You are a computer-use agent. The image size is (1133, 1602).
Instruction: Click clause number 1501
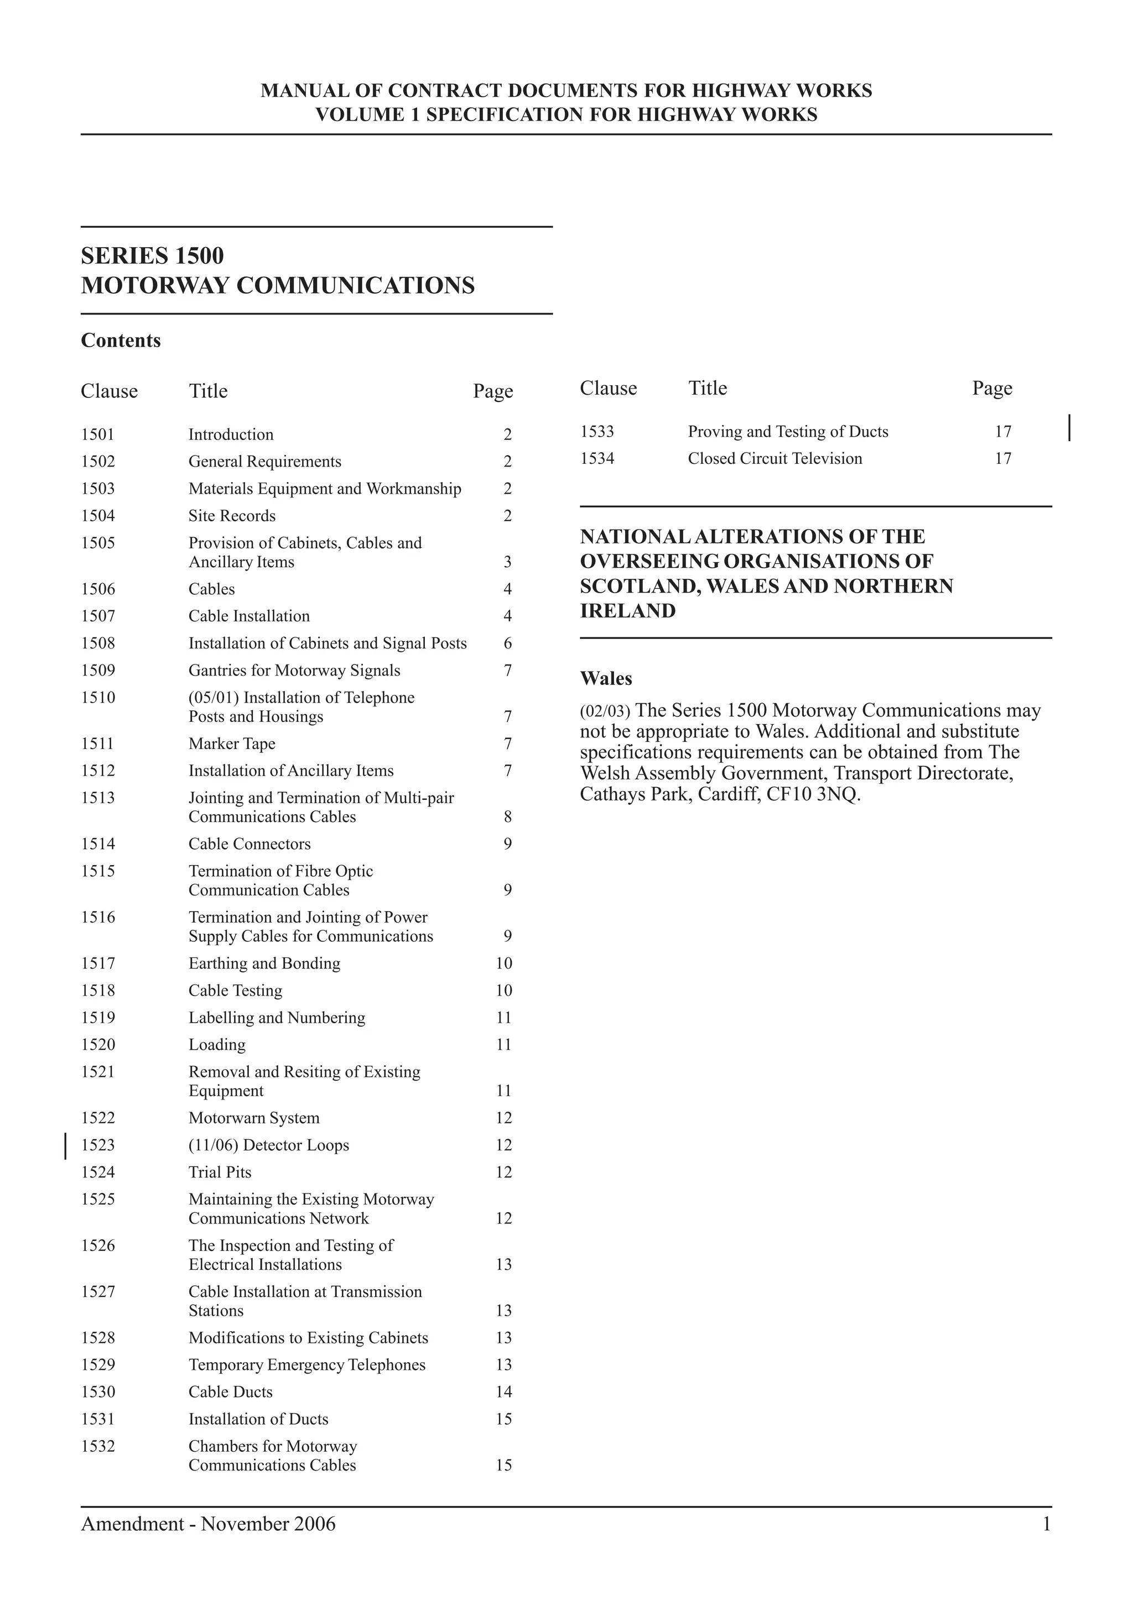coord(98,434)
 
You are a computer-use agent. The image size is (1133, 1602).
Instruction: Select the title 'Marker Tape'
coord(232,744)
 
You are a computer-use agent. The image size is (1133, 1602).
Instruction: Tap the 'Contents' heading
coord(121,341)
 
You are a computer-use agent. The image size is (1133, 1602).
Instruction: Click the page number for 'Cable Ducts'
coord(504,1392)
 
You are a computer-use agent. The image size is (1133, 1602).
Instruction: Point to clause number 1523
coord(98,1145)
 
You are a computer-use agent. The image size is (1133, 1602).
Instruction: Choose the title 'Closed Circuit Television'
coord(775,458)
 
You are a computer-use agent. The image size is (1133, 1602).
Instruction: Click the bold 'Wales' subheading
coord(606,678)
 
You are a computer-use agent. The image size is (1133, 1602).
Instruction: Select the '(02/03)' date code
coord(605,711)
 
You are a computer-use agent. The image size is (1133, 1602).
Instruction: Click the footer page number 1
coord(1047,1524)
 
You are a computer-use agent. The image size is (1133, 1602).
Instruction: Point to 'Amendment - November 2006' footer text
coord(208,1524)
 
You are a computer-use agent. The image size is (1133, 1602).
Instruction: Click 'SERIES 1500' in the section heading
coord(152,256)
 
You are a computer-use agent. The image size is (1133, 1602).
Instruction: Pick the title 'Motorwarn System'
coord(254,1118)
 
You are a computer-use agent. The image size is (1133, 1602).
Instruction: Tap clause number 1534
coord(597,458)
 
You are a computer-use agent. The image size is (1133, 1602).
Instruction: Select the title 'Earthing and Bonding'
coord(264,964)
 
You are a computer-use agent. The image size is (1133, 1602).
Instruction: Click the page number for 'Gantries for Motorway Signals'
coord(507,671)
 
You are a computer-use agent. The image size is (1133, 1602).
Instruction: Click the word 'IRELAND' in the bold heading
coord(627,611)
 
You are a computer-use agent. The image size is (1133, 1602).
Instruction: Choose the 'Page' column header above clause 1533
coord(992,388)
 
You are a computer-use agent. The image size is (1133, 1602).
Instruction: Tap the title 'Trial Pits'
coord(220,1172)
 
